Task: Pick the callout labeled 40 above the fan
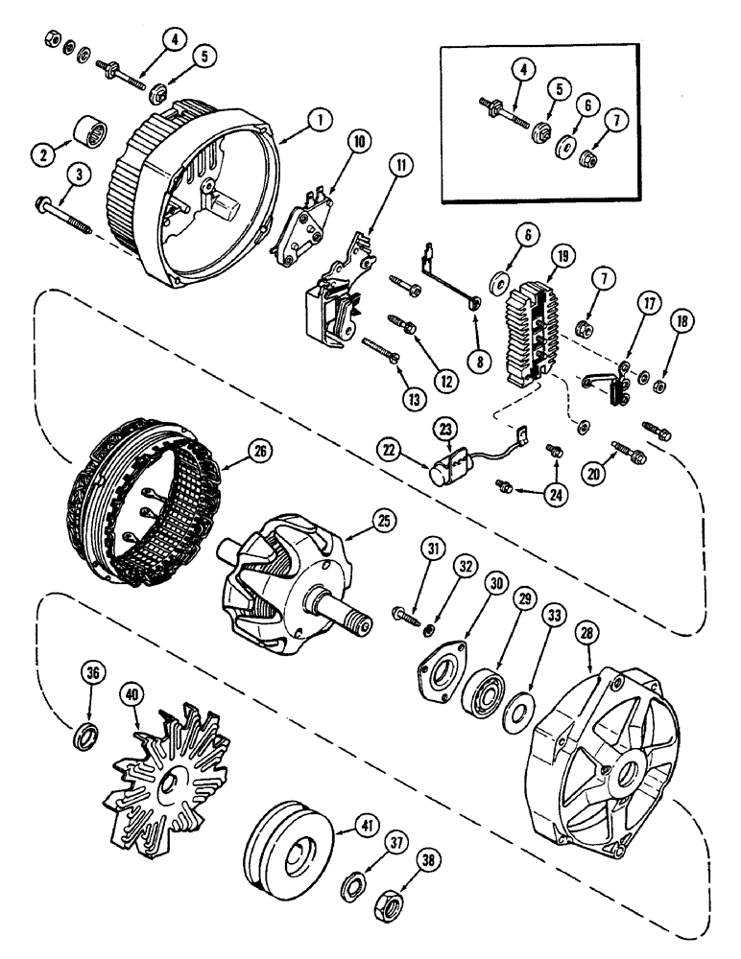[131, 693]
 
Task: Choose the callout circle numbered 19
[562, 255]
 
